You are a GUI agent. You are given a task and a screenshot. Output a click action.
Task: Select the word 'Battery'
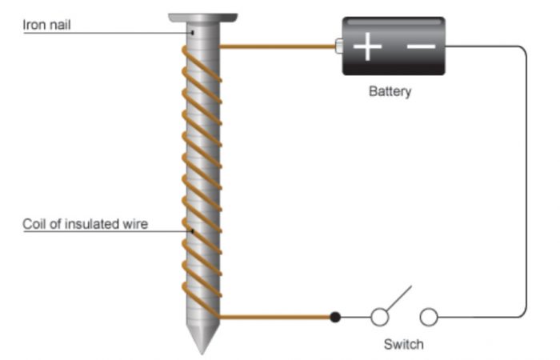point(390,91)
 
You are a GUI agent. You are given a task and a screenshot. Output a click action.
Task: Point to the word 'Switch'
point(403,345)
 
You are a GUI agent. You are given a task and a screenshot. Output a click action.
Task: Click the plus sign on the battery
point(367,47)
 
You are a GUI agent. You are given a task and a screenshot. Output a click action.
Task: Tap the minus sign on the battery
point(421,46)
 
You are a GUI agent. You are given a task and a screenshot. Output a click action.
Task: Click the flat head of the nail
point(203,17)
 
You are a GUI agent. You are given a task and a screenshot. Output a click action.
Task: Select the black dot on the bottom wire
point(335,318)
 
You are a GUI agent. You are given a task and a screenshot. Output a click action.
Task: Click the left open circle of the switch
point(380,318)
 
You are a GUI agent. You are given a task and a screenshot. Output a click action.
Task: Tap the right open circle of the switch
point(429,318)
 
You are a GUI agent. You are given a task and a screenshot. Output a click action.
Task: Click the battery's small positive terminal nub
point(338,46)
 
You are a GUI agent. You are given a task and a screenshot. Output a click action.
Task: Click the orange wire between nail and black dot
point(276,318)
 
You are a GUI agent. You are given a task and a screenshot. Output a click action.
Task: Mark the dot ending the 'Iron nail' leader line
point(192,33)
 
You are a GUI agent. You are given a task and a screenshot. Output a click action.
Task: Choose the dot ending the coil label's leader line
point(192,232)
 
